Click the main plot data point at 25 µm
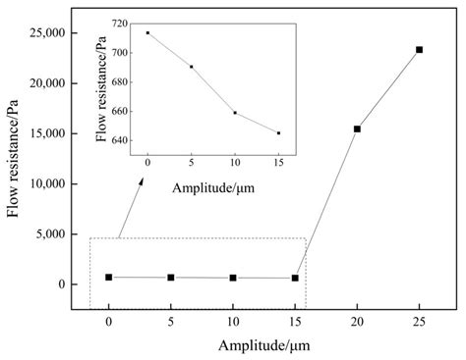(x=420, y=49)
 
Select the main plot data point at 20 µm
(x=357, y=129)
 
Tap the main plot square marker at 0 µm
(x=108, y=278)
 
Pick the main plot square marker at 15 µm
(x=295, y=279)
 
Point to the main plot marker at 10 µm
(x=233, y=279)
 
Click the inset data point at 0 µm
(x=147, y=32)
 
